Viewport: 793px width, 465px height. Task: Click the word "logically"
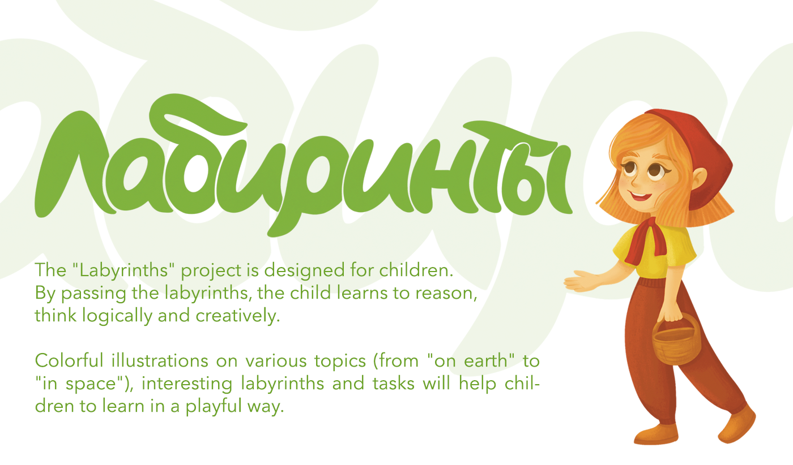117,316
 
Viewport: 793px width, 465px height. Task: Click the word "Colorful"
69,361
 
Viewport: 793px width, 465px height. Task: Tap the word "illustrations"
160,361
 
